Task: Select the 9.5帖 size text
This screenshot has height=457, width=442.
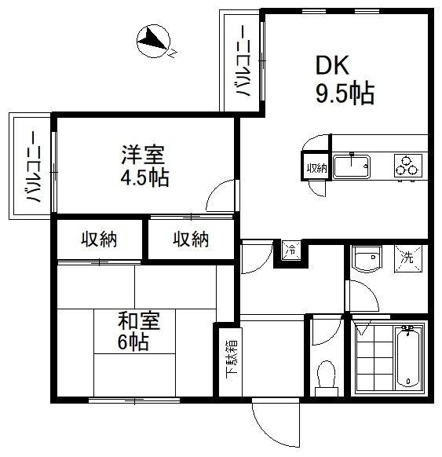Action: coord(344,95)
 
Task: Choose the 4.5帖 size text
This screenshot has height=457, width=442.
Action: coord(144,177)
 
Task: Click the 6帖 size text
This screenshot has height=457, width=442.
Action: coord(134,343)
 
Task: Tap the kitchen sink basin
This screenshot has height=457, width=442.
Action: coord(352,167)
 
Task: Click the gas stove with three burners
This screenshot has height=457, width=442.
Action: coord(408,166)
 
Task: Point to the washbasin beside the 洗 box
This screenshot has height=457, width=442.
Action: coord(365,258)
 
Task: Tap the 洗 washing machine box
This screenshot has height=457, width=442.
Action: coord(409,258)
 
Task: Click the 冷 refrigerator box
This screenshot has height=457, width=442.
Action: coord(290,251)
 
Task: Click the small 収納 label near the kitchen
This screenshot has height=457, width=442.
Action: coord(316,167)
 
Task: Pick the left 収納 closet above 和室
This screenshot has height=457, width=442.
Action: coord(99,239)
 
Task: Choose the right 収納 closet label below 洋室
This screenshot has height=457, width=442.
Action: coord(191,239)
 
